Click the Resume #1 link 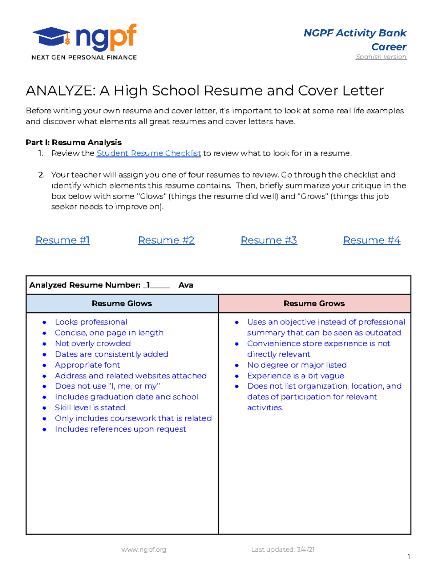62,240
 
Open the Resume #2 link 166,240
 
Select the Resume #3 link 269,240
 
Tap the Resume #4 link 372,240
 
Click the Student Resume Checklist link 149,153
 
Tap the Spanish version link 381,57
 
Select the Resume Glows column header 122,303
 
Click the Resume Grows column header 314,303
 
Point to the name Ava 186,285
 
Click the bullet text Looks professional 91,322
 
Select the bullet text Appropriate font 87,365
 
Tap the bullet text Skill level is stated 90,407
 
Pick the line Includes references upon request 120,429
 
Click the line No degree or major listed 297,365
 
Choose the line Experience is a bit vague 295,376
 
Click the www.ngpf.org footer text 144,549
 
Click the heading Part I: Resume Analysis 73,142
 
